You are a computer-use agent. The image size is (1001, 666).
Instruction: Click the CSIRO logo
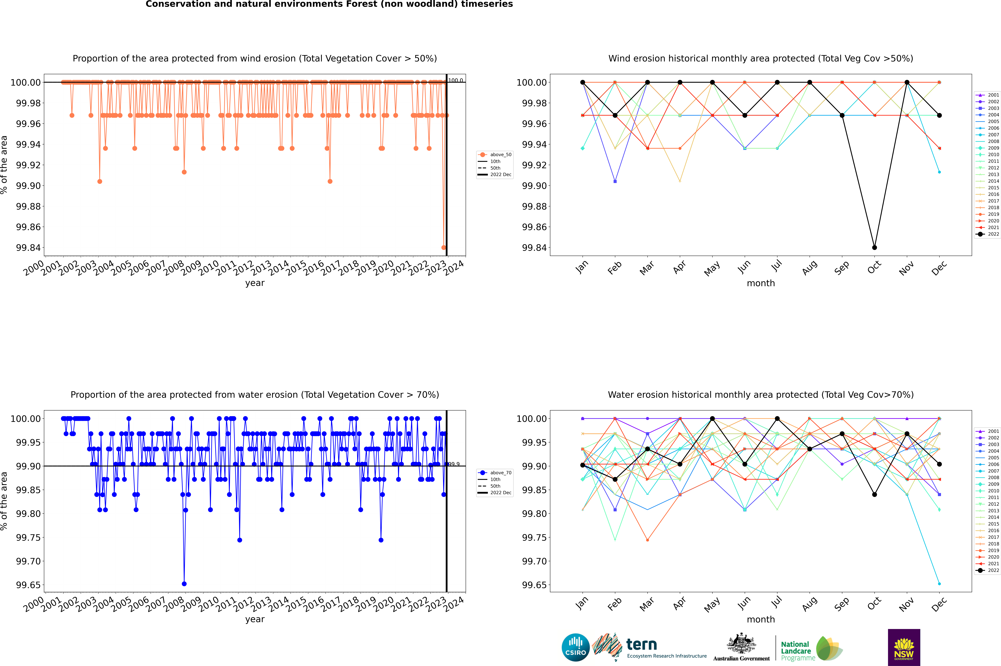(575, 647)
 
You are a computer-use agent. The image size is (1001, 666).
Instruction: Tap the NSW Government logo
(904, 647)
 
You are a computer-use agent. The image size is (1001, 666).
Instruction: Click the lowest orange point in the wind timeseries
(443, 248)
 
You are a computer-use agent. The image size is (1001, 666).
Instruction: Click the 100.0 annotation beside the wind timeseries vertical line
(456, 80)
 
